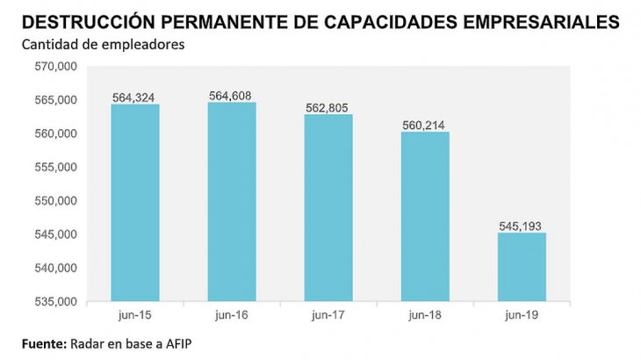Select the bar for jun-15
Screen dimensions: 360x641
coord(135,203)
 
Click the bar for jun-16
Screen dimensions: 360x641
coord(232,202)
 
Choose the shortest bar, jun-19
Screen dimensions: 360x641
coord(522,267)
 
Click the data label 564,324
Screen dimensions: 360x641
coord(135,97)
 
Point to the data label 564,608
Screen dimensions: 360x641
coord(232,95)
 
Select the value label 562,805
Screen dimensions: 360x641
coord(328,107)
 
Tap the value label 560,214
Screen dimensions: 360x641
coord(426,125)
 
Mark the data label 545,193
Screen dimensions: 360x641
coord(522,226)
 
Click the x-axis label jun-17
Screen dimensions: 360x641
coord(328,313)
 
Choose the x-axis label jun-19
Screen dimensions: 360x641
coord(522,313)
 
